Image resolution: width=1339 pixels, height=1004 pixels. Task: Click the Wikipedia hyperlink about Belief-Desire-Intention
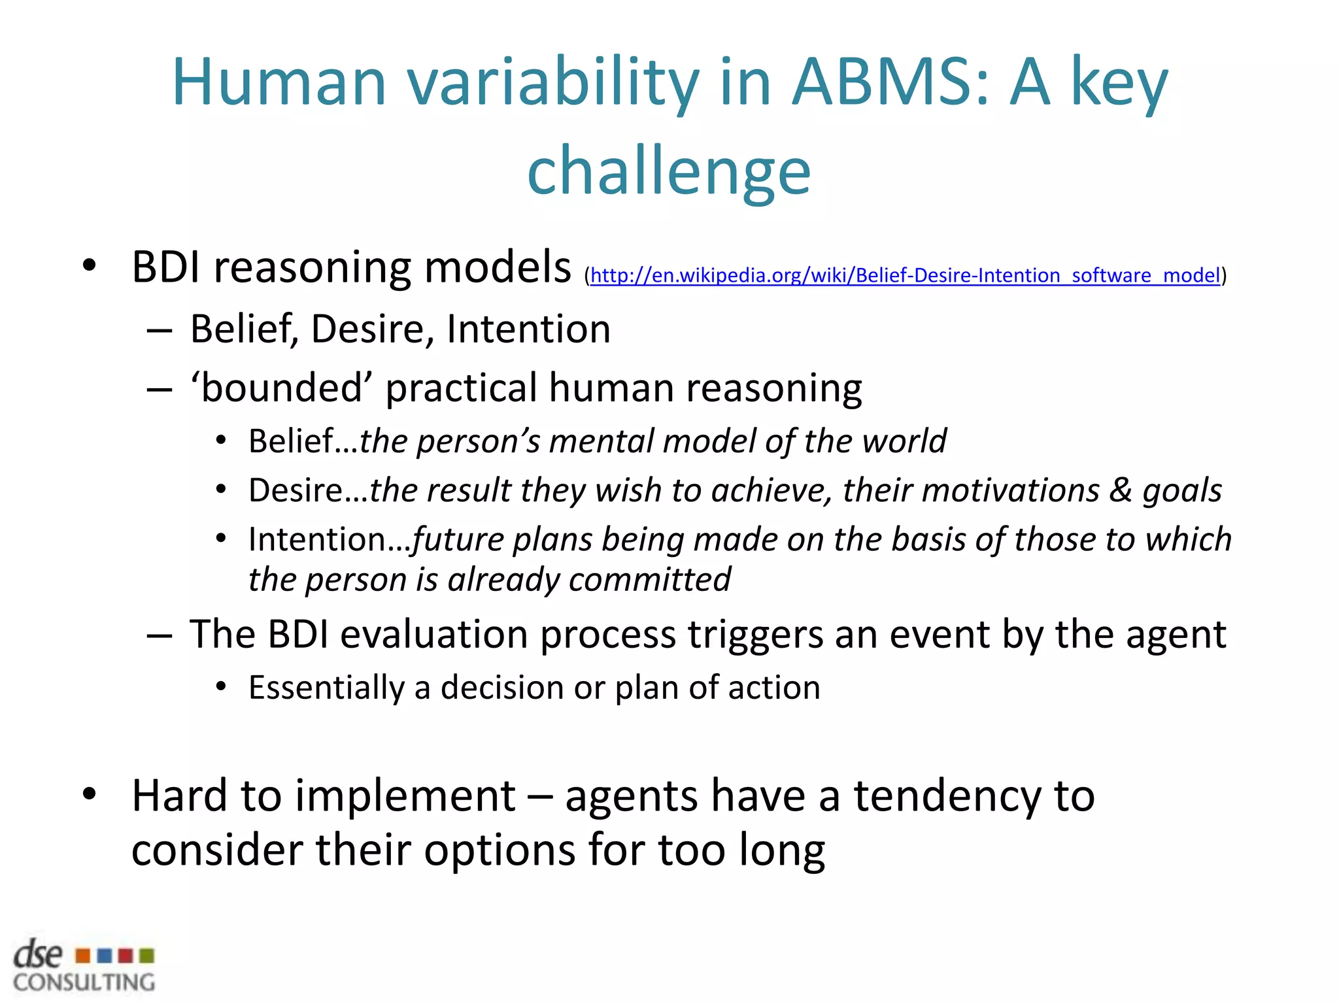[x=905, y=275]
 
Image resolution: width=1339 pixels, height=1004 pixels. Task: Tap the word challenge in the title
[x=669, y=171]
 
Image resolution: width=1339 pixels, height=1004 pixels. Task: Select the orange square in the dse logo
[x=82, y=956]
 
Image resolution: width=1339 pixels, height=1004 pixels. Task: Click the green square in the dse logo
[x=147, y=956]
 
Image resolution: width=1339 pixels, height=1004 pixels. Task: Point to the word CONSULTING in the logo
[x=84, y=982]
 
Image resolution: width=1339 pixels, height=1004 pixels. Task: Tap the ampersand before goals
[x=1121, y=490]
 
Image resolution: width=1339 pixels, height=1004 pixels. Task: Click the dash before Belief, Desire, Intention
[x=160, y=331]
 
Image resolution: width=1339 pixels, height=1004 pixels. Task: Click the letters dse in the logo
[x=39, y=955]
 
